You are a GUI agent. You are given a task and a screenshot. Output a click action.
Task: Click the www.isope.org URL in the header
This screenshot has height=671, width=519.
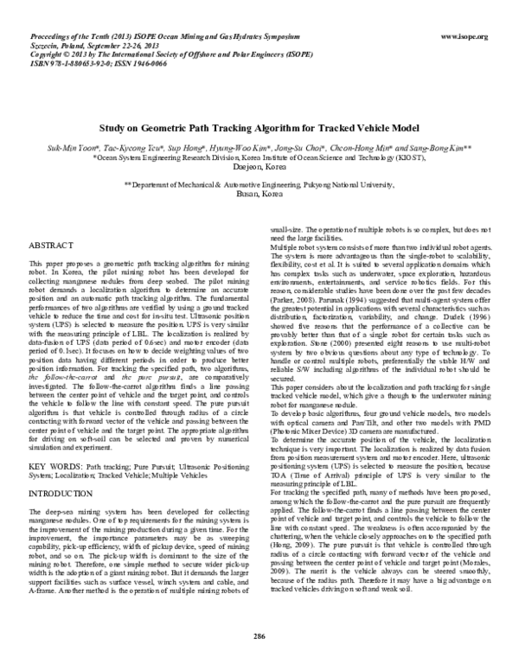pos(465,36)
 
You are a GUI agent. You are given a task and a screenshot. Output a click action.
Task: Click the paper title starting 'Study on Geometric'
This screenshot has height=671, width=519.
pos(259,125)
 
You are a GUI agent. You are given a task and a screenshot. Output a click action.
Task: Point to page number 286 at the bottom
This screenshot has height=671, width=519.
pos(259,637)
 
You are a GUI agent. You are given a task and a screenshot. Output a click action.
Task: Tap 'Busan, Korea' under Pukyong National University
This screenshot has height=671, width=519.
pos(259,195)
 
